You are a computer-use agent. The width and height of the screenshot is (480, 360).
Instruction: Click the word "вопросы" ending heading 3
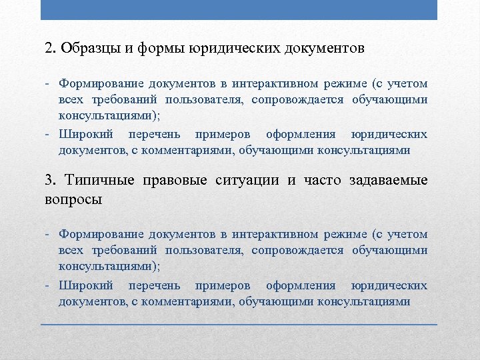pos(73,199)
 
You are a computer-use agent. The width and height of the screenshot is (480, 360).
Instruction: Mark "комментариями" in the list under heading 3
pos(196,301)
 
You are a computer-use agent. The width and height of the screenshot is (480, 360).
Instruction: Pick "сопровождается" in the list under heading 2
pos(301,100)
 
